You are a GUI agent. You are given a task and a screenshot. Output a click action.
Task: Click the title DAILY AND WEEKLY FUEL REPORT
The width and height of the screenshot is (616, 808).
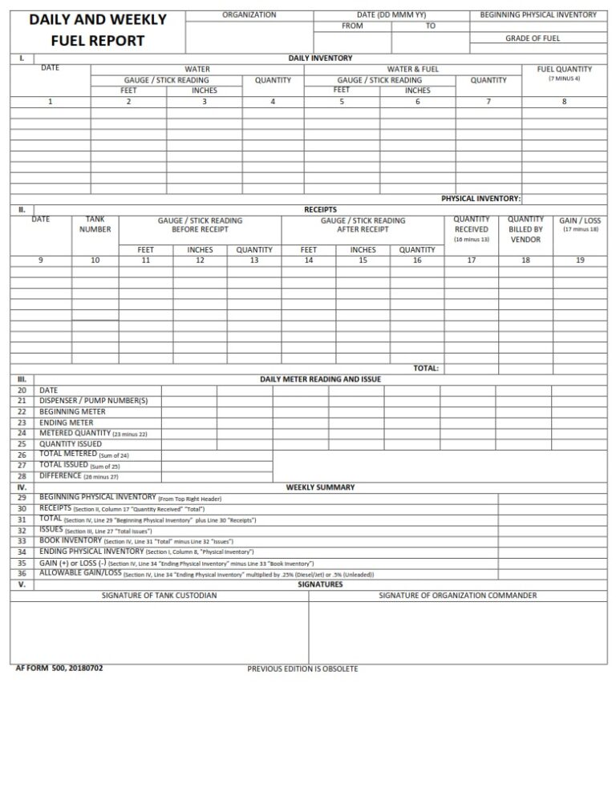click(98, 30)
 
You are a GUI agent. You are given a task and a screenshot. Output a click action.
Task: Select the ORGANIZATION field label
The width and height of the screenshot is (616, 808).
click(249, 15)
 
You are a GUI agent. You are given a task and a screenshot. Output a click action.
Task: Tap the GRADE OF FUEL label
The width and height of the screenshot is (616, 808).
click(532, 38)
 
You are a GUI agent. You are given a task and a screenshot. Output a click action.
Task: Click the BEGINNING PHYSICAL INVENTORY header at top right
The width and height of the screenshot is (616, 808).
click(537, 15)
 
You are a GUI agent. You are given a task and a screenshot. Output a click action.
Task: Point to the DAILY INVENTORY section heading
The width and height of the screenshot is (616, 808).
click(320, 59)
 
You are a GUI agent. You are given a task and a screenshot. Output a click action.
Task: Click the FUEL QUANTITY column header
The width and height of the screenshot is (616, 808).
click(564, 70)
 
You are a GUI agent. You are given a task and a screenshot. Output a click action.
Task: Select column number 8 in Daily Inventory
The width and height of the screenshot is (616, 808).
click(564, 102)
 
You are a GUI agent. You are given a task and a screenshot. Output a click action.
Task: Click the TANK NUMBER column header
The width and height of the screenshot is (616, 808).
click(95, 224)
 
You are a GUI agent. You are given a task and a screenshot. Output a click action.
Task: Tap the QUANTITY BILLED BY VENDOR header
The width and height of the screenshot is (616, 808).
click(525, 229)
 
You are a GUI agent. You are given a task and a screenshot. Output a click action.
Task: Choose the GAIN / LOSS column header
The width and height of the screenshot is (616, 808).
click(580, 220)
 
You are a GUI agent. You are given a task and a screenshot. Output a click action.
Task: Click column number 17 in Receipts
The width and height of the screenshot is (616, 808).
click(471, 260)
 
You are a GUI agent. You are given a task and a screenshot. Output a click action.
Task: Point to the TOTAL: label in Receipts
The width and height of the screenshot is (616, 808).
click(425, 368)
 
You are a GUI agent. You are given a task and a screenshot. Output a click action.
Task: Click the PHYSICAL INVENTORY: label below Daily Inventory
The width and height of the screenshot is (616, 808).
click(480, 198)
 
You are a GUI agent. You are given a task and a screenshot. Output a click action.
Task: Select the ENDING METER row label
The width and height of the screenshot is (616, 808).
click(67, 422)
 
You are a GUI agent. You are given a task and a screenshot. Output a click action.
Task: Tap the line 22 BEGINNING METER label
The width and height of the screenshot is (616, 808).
click(72, 412)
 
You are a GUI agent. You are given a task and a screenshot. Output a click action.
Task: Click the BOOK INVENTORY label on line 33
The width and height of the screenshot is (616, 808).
click(71, 541)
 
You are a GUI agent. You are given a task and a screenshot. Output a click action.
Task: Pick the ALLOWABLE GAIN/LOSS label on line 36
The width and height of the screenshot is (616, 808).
click(80, 573)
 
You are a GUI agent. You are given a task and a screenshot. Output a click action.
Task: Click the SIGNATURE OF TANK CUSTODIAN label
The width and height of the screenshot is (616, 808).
click(159, 596)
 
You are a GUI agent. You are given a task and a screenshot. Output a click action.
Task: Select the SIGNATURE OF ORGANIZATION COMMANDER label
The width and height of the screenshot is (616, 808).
click(457, 596)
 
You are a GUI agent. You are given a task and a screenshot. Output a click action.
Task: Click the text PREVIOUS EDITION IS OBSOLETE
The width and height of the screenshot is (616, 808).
click(302, 669)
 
